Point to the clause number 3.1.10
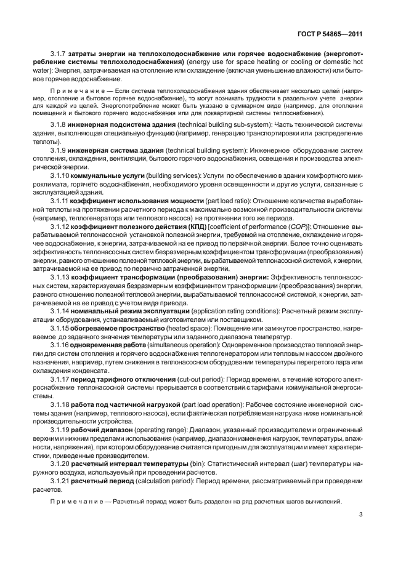(x=61, y=175)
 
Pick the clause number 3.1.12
(x=61, y=226)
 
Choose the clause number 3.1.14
(x=61, y=311)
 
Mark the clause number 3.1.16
(x=61, y=345)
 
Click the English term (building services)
(x=176, y=175)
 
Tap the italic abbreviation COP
(x=301, y=226)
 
